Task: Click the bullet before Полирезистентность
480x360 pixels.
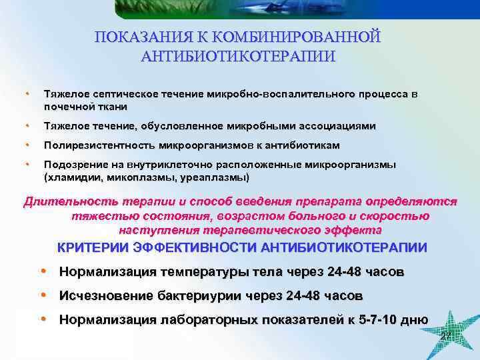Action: (x=27, y=145)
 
